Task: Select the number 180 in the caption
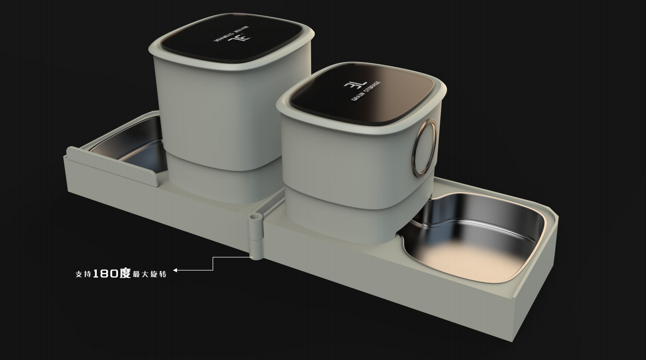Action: [105, 274]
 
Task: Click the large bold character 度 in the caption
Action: [125, 273]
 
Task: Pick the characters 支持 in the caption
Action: [83, 274]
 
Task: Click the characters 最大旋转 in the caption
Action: [149, 274]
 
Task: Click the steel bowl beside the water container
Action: [127, 144]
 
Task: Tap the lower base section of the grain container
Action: [340, 221]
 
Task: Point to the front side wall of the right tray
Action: [382, 289]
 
